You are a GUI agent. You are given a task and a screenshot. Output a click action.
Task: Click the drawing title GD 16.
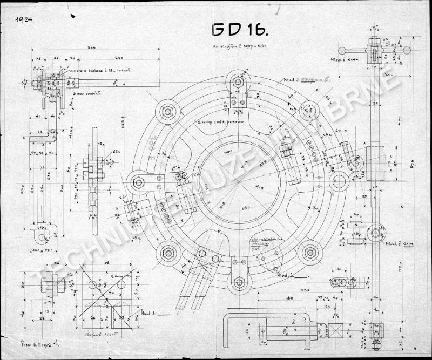pos(237,30)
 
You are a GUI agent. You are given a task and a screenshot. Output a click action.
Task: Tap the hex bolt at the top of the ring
pos(237,83)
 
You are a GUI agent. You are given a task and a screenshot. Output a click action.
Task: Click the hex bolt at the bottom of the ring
pos(239,282)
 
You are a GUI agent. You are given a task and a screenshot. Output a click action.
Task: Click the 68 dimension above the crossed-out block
pos(107,263)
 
